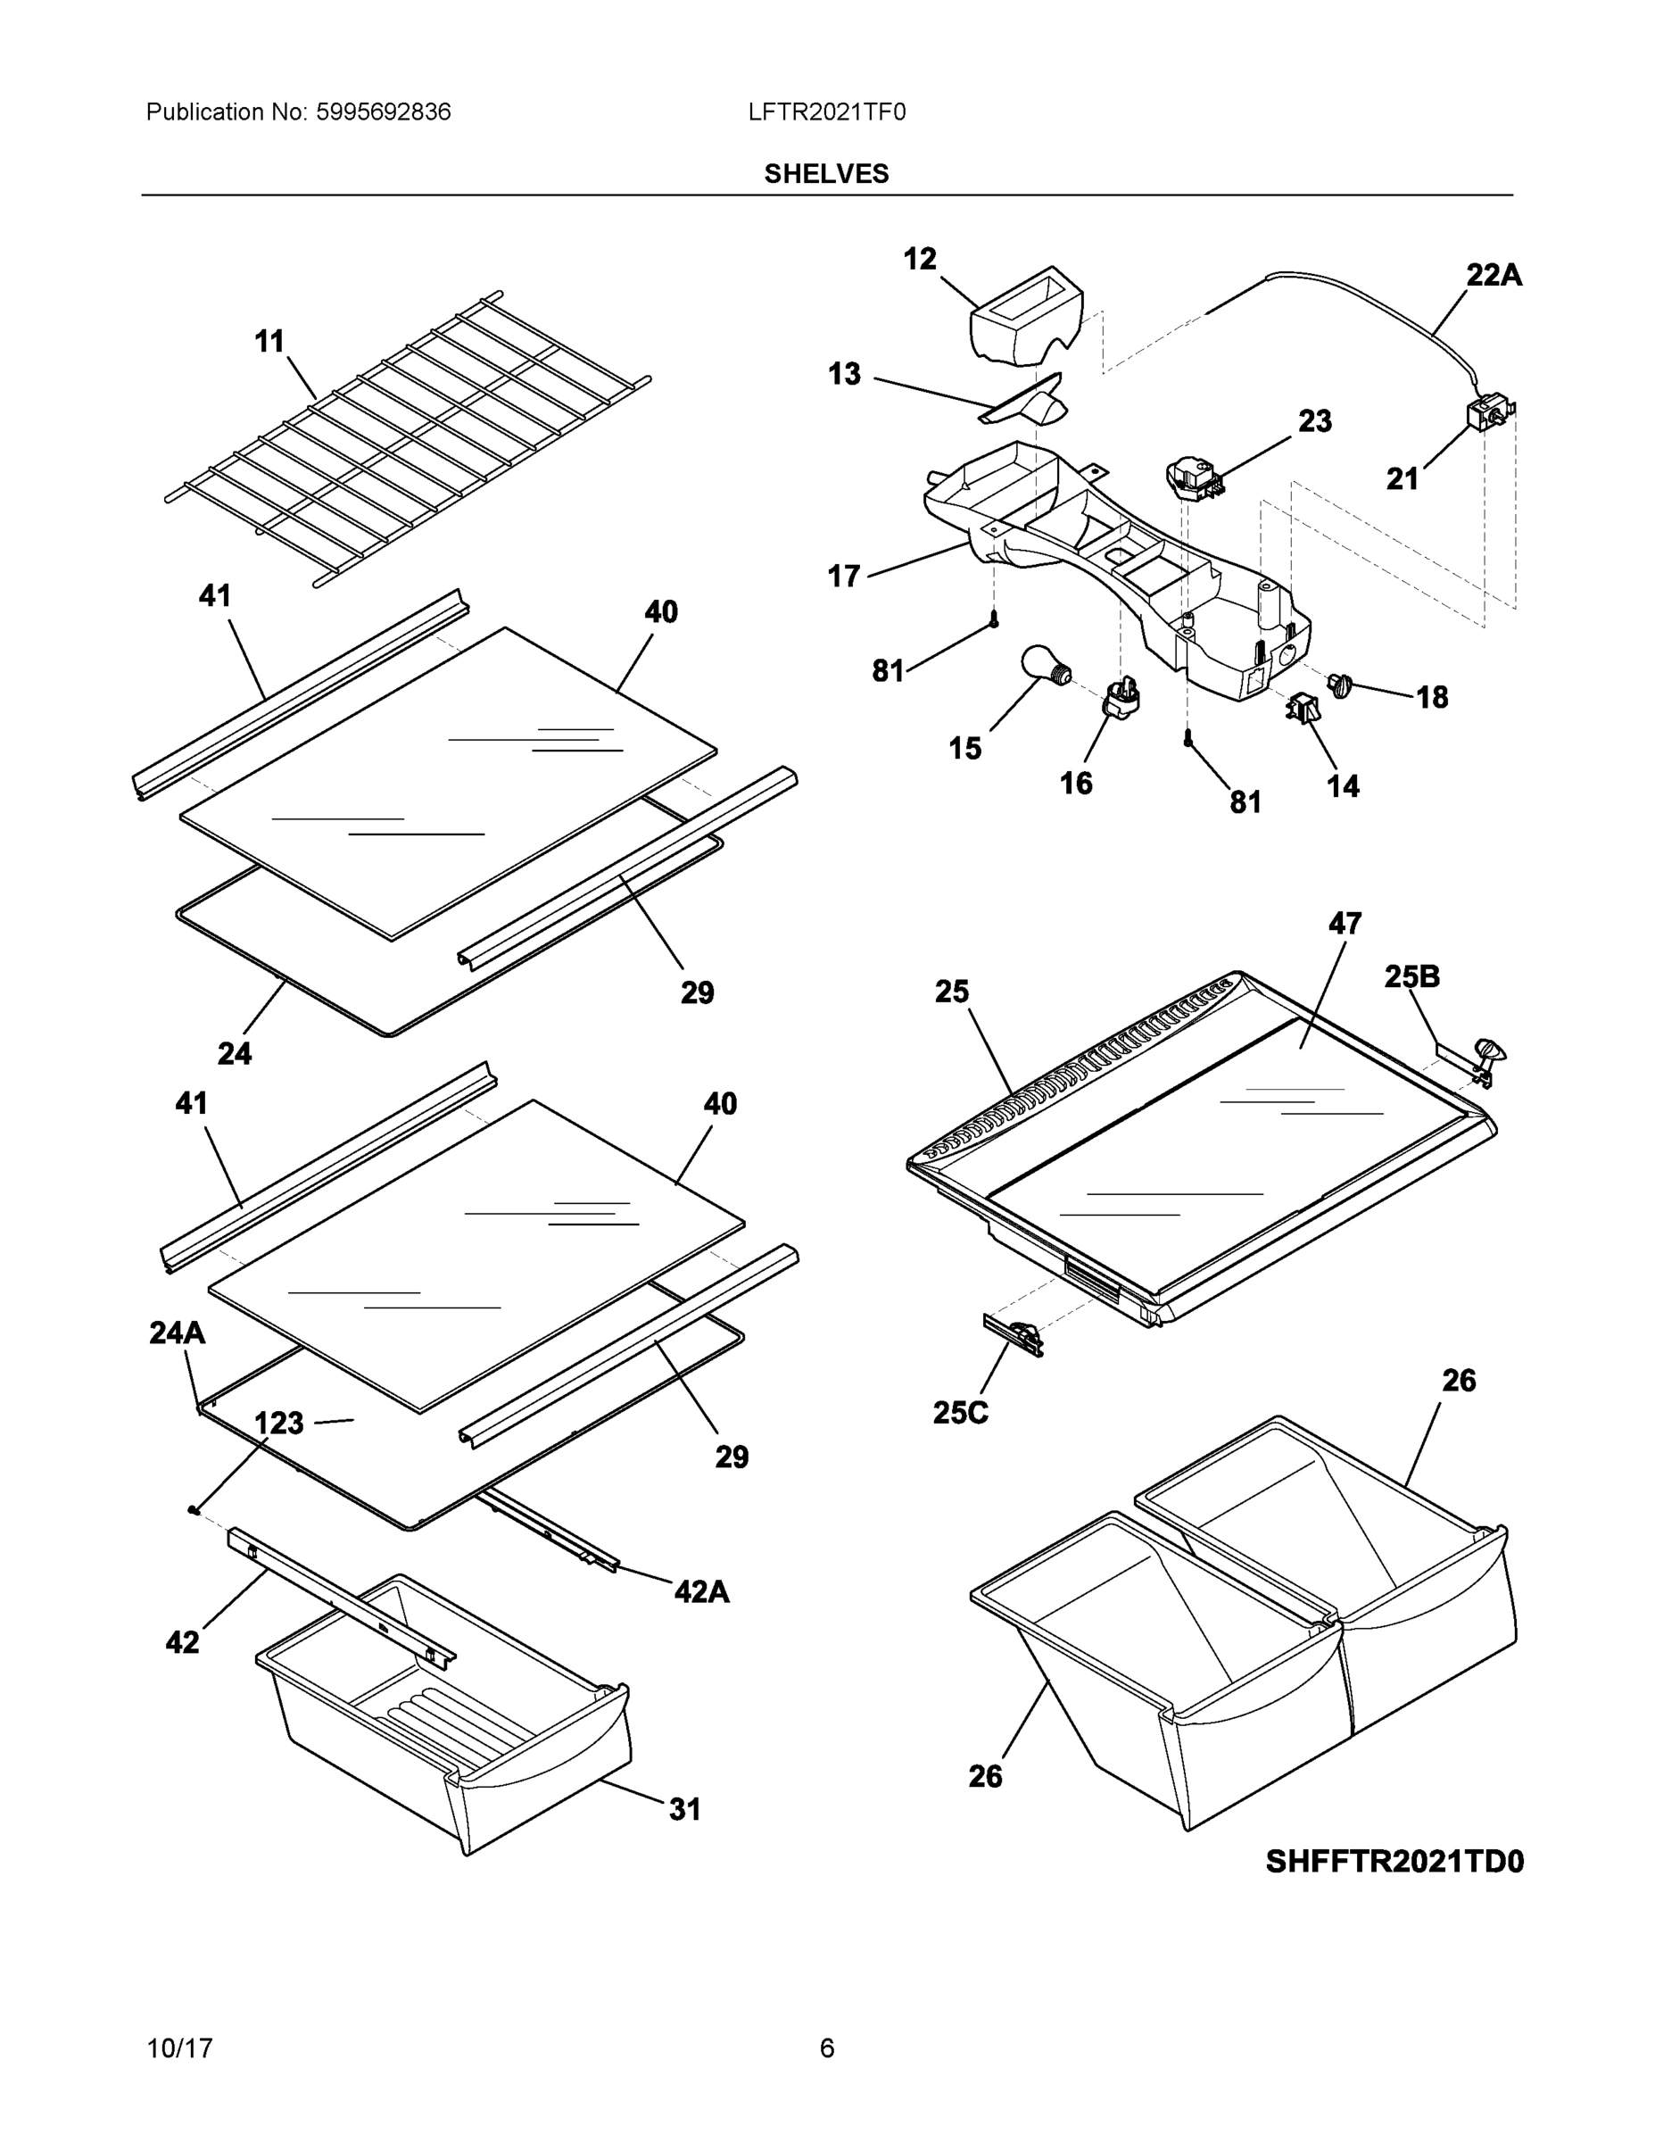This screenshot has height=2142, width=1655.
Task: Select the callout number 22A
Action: (1494, 276)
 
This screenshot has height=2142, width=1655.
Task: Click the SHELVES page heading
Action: (826, 174)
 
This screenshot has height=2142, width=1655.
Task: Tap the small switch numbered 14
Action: (1302, 708)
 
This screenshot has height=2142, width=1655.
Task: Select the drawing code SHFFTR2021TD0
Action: (1394, 1862)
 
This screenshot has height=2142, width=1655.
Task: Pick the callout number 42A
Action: (701, 1590)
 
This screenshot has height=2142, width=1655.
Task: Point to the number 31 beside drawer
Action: (684, 1809)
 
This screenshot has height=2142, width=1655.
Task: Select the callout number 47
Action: (1345, 923)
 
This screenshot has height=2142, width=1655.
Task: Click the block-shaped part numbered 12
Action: (1024, 316)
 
